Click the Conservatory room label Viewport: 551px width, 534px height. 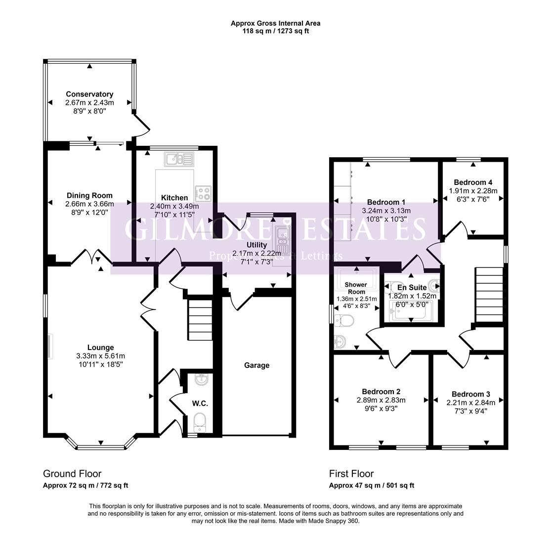[x=89, y=94]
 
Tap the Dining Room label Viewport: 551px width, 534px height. [x=89, y=195]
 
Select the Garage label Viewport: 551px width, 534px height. [x=257, y=365]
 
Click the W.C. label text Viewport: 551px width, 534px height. [x=200, y=403]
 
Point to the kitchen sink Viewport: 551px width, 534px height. [x=179, y=159]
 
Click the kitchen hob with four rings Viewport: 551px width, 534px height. [x=203, y=193]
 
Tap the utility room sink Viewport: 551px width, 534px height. [x=283, y=240]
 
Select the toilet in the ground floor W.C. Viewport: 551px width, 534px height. [x=200, y=422]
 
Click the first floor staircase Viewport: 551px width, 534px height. [x=490, y=295]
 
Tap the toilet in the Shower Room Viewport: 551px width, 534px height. [x=343, y=320]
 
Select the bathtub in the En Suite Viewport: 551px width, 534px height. [x=411, y=311]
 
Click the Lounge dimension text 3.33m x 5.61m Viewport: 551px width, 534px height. [x=100, y=356]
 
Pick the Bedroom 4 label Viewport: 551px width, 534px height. [x=473, y=182]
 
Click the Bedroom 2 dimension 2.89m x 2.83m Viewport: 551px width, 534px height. [x=381, y=400]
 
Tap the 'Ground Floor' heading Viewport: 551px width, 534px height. [x=72, y=474]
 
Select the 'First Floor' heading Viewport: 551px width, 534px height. [x=351, y=474]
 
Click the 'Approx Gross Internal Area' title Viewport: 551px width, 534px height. [x=276, y=24]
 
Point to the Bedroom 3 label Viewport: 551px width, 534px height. [x=471, y=395]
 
